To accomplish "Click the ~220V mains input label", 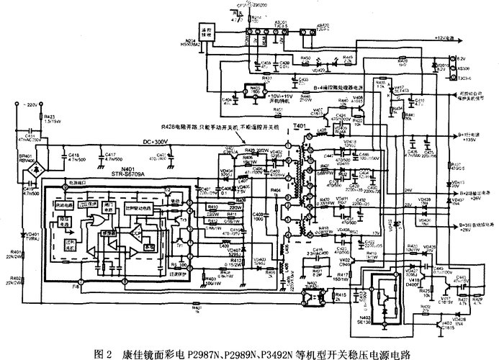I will coord(28,104).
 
